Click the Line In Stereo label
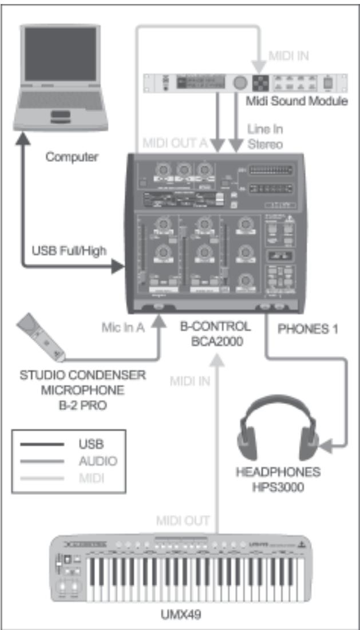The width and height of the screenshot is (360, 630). pos(265,137)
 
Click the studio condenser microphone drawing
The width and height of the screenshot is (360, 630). pos(43,338)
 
